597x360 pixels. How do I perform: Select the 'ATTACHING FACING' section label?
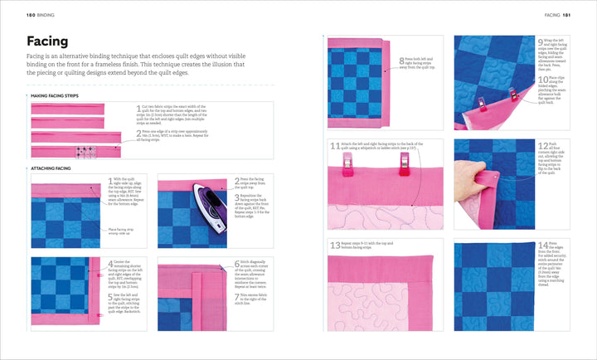point(52,168)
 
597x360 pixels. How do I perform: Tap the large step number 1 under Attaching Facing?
point(110,180)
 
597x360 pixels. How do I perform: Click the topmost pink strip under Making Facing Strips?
point(67,109)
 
